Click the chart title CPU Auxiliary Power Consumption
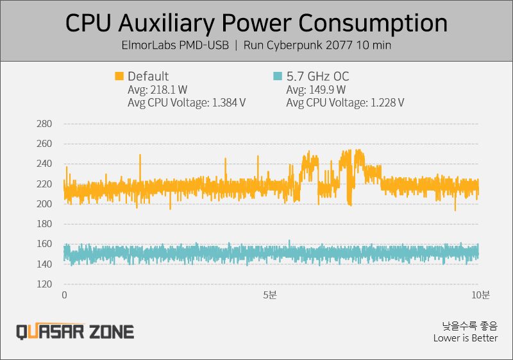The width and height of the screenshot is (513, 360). tap(256, 23)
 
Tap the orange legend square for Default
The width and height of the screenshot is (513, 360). tap(119, 76)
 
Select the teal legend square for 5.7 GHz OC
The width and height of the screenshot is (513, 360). tap(278, 76)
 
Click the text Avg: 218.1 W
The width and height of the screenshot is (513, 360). tap(157, 90)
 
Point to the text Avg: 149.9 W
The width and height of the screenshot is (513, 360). tap(316, 90)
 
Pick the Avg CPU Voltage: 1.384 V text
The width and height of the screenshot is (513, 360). tap(187, 103)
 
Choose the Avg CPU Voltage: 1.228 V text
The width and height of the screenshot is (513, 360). tap(345, 103)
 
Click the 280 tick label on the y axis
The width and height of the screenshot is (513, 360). tap(44, 124)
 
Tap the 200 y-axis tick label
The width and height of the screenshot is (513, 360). tap(44, 204)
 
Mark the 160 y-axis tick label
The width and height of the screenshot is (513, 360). tap(44, 244)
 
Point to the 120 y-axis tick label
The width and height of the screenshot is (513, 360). tap(44, 284)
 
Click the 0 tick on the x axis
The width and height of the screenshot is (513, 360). tap(65, 295)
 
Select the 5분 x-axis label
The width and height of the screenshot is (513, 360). tap(270, 295)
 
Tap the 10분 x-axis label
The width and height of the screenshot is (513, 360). tap(480, 295)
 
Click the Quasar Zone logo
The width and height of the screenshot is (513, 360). tap(75, 332)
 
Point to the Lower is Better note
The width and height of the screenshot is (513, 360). tap(466, 338)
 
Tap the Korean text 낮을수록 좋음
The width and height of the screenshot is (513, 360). tap(470, 326)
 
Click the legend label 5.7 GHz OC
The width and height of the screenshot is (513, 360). tap(318, 76)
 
